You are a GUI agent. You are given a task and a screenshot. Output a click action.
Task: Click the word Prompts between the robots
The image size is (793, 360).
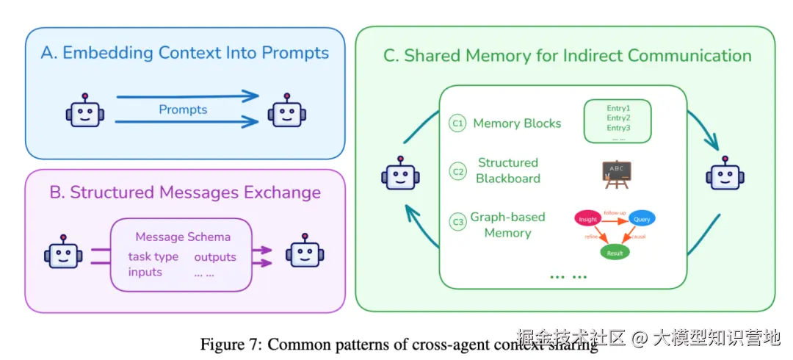(x=183, y=110)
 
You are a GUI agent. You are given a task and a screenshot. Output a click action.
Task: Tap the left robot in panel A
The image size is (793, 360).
(x=85, y=112)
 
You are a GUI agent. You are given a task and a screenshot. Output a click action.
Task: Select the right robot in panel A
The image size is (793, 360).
(x=286, y=112)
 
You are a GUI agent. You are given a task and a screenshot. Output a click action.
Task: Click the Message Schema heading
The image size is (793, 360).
(x=183, y=237)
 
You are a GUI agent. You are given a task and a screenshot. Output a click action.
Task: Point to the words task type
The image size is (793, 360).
(x=153, y=257)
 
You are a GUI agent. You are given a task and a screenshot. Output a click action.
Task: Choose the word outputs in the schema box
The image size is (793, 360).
(x=215, y=257)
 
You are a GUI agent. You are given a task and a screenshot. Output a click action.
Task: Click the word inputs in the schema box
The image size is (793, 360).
(x=145, y=272)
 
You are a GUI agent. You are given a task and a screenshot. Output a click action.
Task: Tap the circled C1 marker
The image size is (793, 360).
(x=457, y=123)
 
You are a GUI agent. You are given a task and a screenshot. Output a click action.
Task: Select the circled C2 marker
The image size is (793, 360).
(x=457, y=172)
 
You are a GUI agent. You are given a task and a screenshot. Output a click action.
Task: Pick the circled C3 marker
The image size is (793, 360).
(x=457, y=220)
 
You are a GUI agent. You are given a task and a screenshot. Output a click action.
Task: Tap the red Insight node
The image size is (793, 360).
(x=587, y=218)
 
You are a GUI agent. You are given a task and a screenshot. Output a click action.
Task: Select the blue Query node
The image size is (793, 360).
(x=642, y=218)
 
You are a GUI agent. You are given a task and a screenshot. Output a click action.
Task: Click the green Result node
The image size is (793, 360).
(x=615, y=253)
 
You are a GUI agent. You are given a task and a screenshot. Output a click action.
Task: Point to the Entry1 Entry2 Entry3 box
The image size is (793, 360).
(x=618, y=121)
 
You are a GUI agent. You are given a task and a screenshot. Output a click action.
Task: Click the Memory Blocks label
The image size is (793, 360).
(x=517, y=123)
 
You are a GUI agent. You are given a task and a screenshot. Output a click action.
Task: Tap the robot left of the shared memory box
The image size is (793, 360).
(x=401, y=174)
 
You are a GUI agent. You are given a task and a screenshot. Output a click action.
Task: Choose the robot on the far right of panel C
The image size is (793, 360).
(x=725, y=174)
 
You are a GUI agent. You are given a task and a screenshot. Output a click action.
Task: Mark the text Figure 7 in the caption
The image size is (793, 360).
(x=227, y=345)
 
